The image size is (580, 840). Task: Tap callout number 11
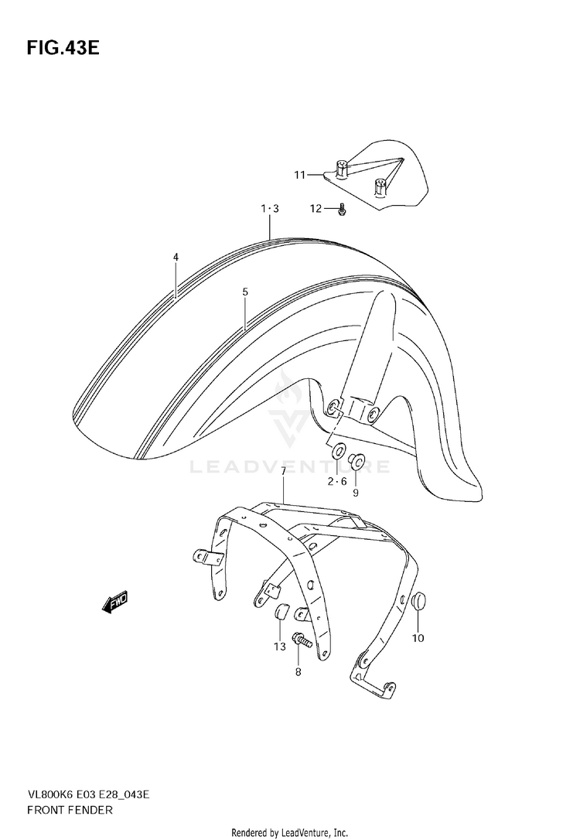(299, 175)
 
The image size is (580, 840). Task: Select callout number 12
(316, 208)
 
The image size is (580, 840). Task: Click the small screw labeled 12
(342, 208)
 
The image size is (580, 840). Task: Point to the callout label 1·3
(269, 208)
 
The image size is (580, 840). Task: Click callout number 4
(176, 257)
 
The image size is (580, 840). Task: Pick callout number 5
(244, 292)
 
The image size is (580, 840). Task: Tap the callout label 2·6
(337, 481)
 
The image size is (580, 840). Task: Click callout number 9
(357, 492)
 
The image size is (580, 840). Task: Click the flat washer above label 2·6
(338, 451)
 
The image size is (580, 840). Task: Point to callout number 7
(284, 472)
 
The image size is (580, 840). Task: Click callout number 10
(418, 638)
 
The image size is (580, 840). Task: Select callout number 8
(298, 672)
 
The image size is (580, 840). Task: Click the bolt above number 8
(302, 640)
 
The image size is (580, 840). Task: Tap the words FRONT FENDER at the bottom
(70, 810)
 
